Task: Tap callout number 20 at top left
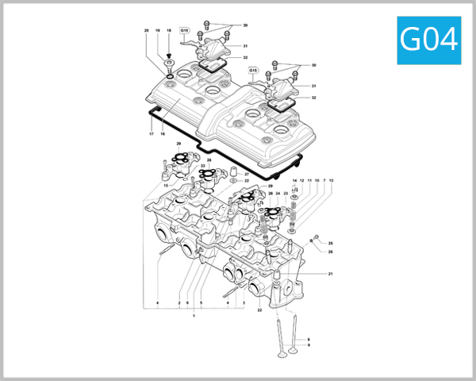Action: [146, 31]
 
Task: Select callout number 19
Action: [158, 31]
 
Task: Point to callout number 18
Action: [169, 31]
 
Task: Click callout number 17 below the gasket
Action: [151, 134]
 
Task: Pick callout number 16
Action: [162, 134]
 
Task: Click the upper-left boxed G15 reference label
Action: [184, 31]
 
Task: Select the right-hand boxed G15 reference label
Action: [254, 70]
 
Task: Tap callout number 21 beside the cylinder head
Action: [330, 274]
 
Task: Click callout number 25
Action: [331, 243]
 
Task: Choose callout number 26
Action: [331, 252]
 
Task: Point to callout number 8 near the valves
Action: [309, 339]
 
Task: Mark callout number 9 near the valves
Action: [309, 345]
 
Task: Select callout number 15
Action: [166, 186]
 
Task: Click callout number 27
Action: [247, 174]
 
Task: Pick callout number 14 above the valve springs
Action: [294, 181]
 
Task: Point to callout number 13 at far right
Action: [331, 181]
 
